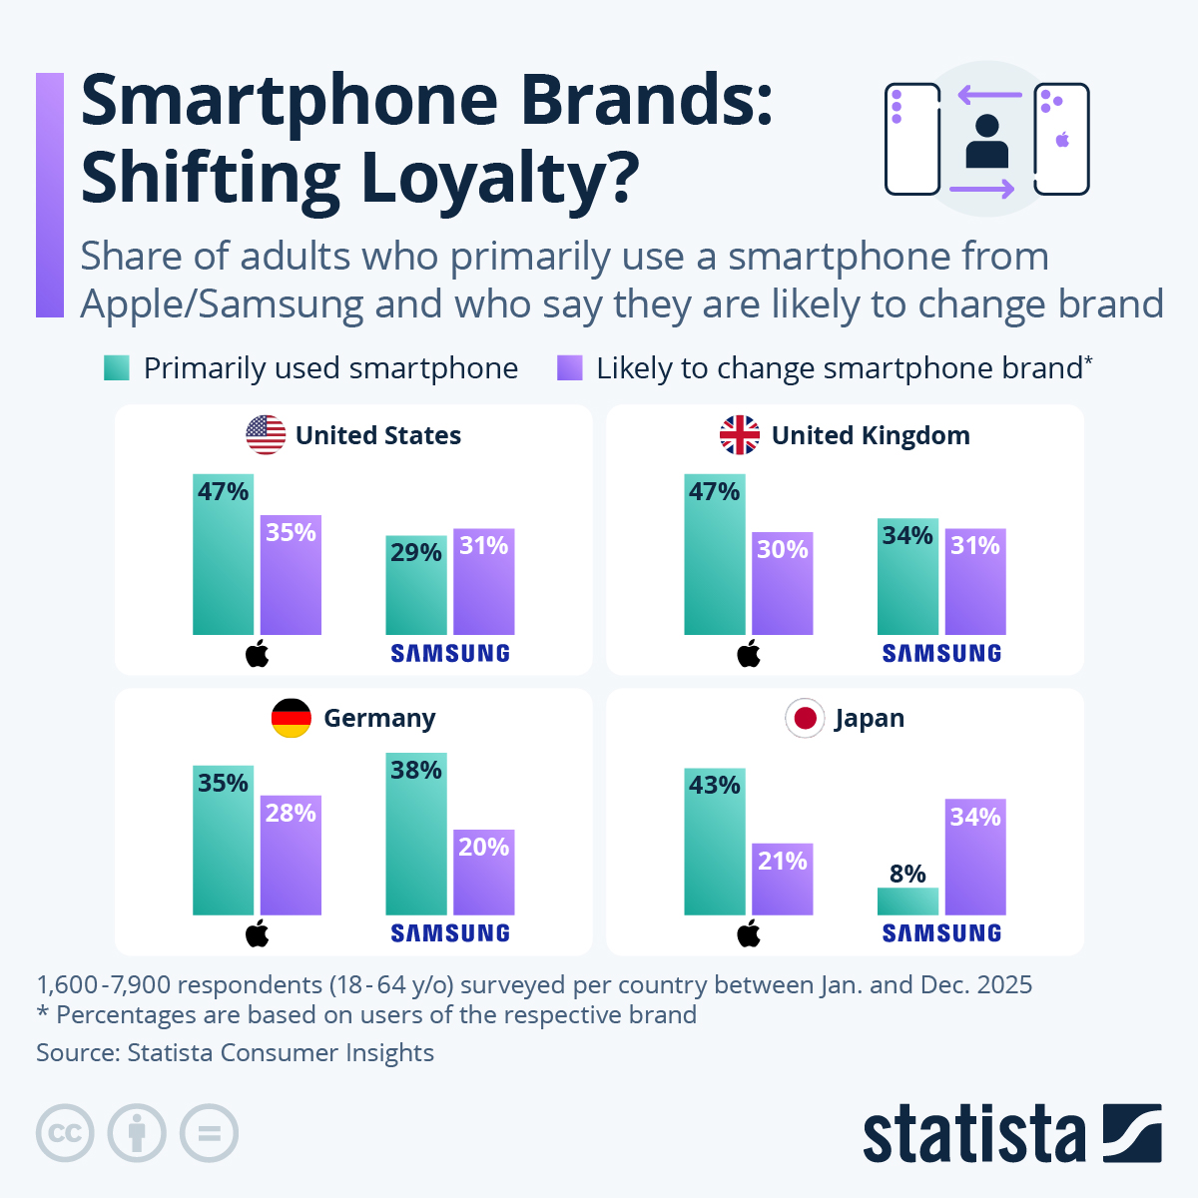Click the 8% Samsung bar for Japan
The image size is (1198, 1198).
point(907,900)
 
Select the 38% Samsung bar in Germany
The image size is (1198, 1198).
point(416,834)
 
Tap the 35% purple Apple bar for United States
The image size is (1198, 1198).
point(291,575)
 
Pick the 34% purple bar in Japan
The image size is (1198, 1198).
point(975,857)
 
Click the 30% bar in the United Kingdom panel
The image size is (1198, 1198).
point(783,583)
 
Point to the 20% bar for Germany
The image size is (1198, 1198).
point(484,872)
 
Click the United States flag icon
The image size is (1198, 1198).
point(266,435)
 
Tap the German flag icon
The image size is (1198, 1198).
point(292,718)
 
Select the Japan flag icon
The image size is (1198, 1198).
point(805,718)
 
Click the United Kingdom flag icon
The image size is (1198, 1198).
point(740,435)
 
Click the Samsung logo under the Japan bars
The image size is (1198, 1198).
point(941,933)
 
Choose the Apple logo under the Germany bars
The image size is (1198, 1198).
point(258,933)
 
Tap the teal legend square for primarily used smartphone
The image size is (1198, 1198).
point(117,368)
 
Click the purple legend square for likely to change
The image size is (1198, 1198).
point(570,368)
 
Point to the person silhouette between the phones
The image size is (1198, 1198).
point(987,142)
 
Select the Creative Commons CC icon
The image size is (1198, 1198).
point(65,1133)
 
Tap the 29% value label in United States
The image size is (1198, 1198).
point(415,552)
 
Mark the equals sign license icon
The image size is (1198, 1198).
point(209,1133)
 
